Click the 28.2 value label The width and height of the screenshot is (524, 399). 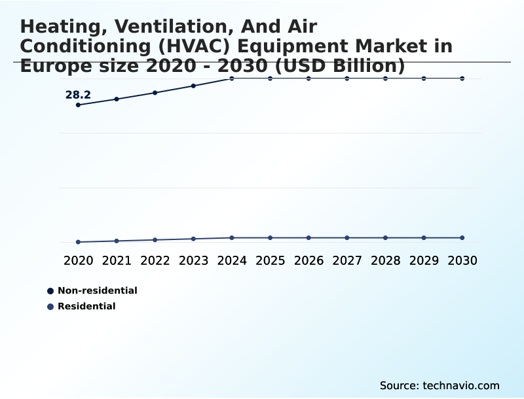[x=78, y=95]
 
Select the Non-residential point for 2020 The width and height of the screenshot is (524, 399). [x=78, y=105]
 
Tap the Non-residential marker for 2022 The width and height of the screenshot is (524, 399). [x=155, y=93]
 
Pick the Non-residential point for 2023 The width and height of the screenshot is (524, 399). [x=193, y=86]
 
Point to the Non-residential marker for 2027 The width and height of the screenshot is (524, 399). [x=347, y=78]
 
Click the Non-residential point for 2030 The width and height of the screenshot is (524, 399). [x=462, y=78]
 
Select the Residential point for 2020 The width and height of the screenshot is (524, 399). [x=78, y=242]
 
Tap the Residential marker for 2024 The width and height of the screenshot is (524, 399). [x=232, y=237]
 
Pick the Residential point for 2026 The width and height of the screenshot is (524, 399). [x=309, y=237]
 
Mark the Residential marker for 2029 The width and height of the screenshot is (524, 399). [x=424, y=237]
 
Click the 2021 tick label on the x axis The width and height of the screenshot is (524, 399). [x=117, y=260]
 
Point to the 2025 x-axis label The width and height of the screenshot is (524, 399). [x=270, y=260]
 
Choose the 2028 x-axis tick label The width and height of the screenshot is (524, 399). [x=385, y=260]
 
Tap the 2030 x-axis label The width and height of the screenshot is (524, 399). [x=462, y=260]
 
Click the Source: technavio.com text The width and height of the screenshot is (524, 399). [x=440, y=385]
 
